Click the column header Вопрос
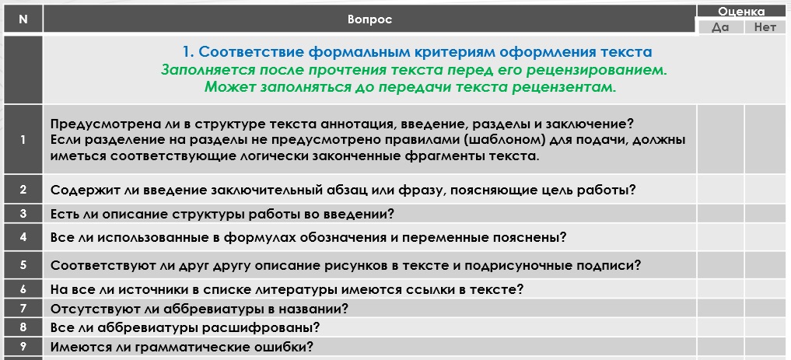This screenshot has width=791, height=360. pyautogui.click(x=369, y=19)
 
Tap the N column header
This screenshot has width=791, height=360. pyautogui.click(x=23, y=19)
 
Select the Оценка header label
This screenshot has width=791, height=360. pyautogui.click(x=741, y=11)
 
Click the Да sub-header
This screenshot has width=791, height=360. pyautogui.click(x=720, y=27)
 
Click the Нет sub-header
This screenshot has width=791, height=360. pyautogui.click(x=765, y=27)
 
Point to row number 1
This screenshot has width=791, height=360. pyautogui.click(x=23, y=140)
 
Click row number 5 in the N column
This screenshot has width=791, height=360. pyautogui.click(x=23, y=264)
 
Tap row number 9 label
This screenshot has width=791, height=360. pyautogui.click(x=23, y=347)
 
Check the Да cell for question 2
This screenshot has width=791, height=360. pyautogui.click(x=720, y=190)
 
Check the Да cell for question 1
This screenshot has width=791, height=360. pyautogui.click(x=720, y=139)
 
